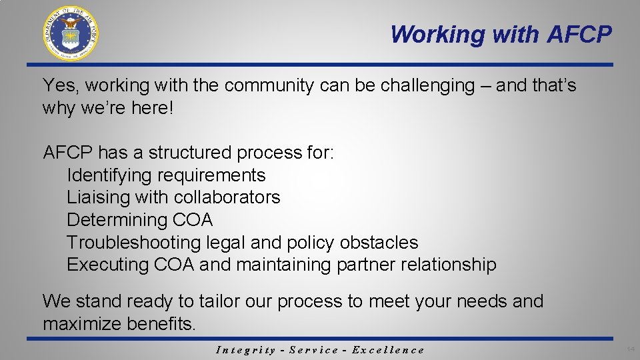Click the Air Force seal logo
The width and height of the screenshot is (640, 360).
(70, 33)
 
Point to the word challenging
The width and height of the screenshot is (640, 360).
(415, 86)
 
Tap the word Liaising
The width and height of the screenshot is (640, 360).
(98, 197)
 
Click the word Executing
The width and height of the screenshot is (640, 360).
(108, 265)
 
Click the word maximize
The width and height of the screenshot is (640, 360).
(81, 324)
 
